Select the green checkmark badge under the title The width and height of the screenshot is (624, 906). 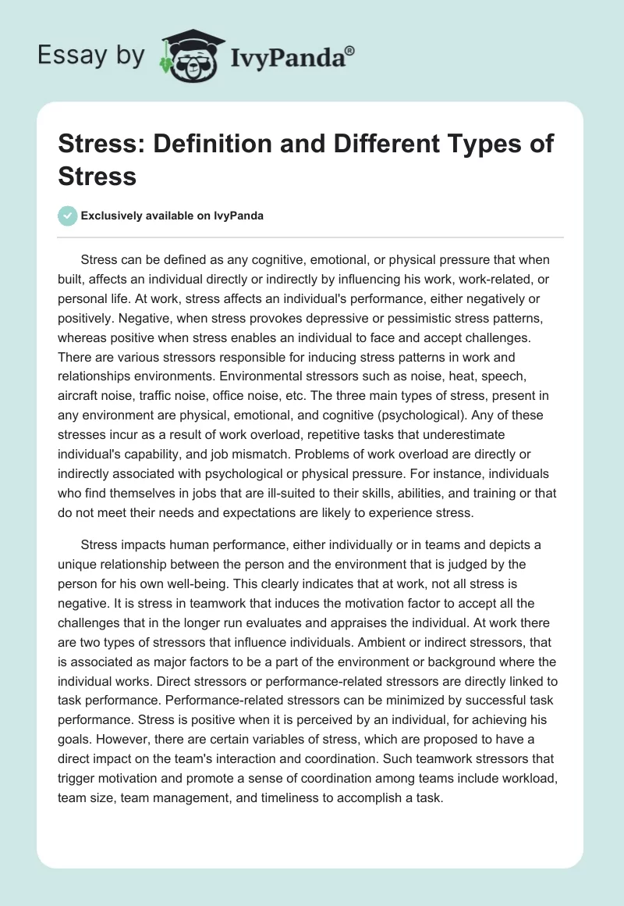68,216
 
